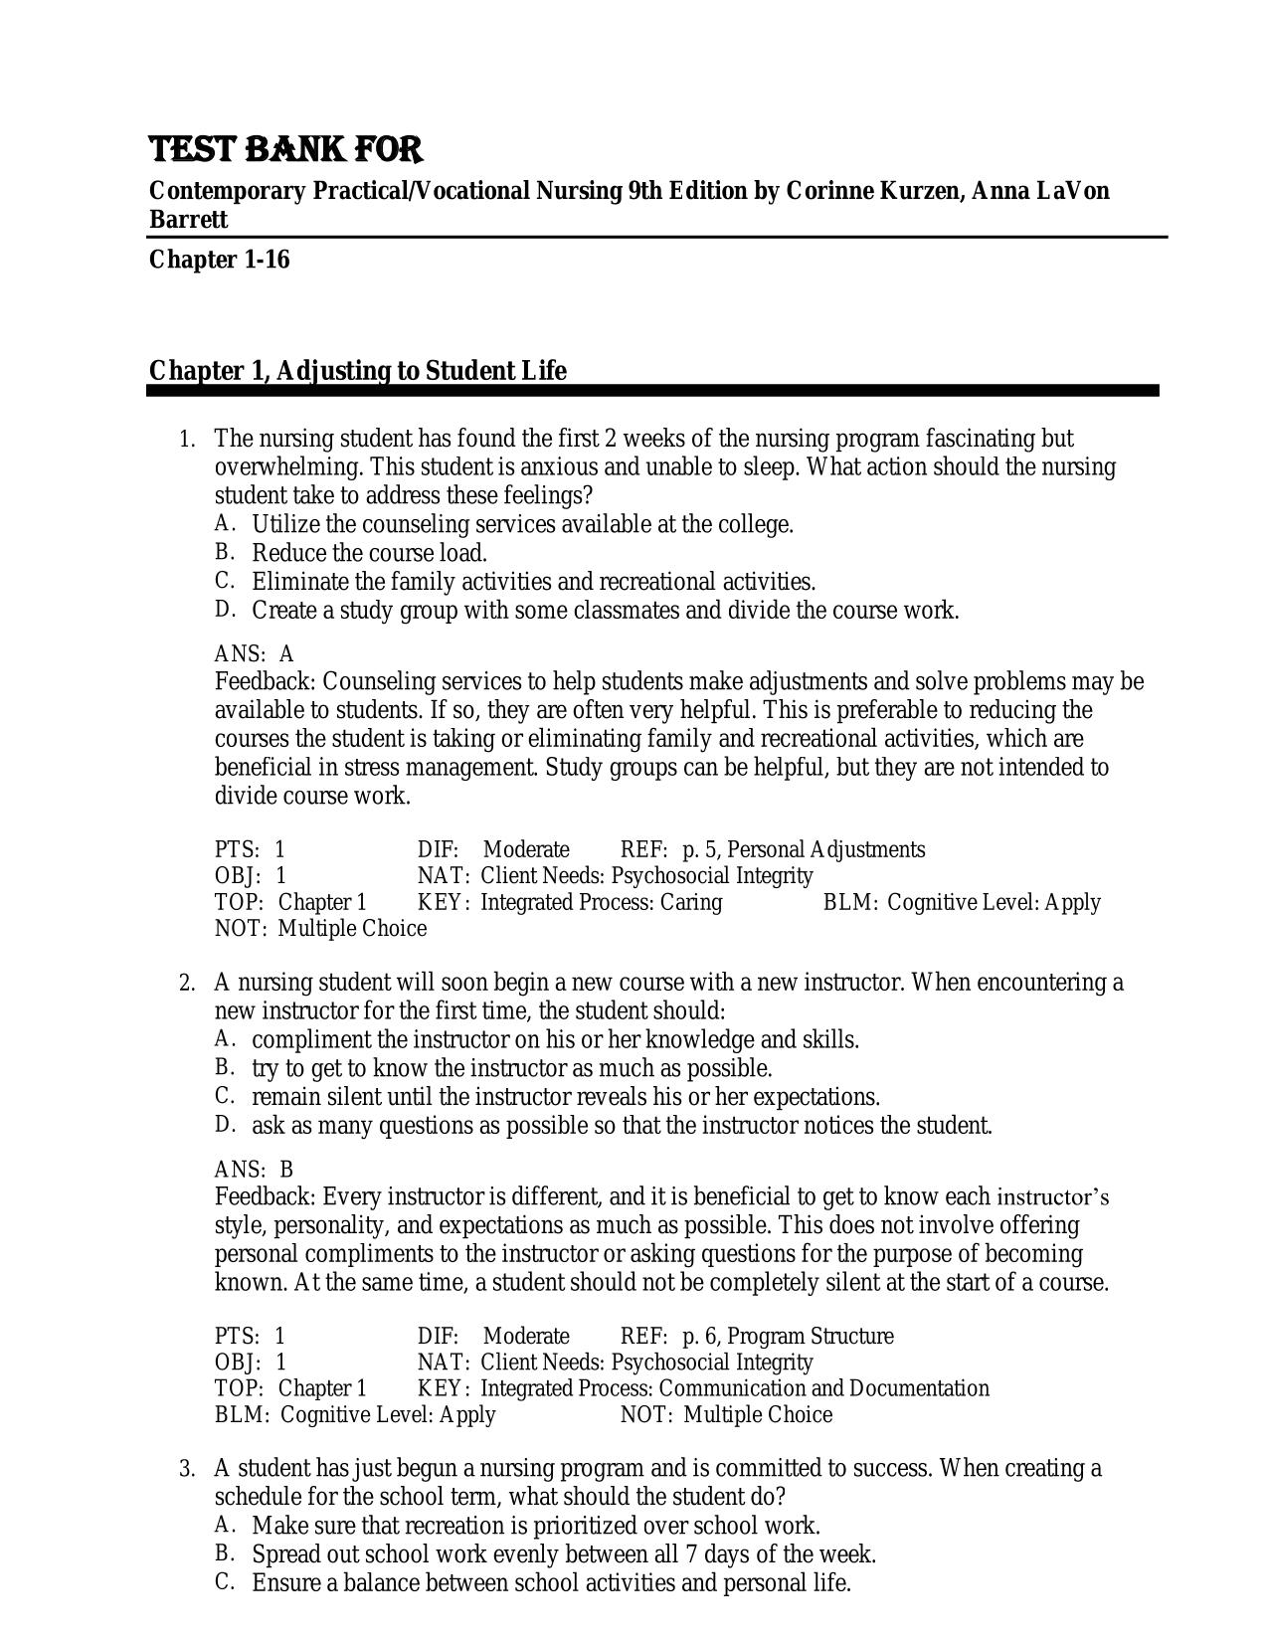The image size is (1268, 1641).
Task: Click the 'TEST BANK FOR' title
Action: [285, 150]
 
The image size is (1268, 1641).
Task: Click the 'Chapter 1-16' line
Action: [219, 260]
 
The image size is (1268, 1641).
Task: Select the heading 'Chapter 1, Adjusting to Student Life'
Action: [357, 371]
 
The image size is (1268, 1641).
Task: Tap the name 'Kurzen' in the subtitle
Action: [916, 190]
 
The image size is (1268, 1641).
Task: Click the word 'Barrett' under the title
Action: [188, 219]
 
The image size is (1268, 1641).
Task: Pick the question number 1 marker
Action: [186, 440]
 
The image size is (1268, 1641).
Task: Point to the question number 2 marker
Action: [186, 984]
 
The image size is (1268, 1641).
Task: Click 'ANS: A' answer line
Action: [255, 654]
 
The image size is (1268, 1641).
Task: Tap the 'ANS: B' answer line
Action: [255, 1170]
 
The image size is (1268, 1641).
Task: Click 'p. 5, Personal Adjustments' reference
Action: [803, 849]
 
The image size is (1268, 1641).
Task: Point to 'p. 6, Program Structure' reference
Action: [787, 1336]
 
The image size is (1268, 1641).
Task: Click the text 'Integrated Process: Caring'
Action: [601, 902]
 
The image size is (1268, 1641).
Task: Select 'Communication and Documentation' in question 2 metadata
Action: [824, 1388]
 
